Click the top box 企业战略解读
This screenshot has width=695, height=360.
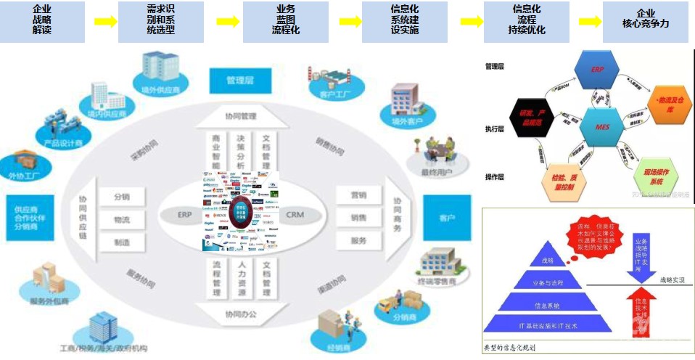[42, 21]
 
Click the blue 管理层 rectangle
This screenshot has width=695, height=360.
[239, 81]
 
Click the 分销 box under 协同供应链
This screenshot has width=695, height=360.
[123, 197]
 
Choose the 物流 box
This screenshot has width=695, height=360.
[123, 219]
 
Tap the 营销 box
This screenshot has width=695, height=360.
[358, 195]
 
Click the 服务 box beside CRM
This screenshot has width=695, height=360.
[358, 240]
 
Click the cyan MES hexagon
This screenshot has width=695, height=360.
[602, 126]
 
